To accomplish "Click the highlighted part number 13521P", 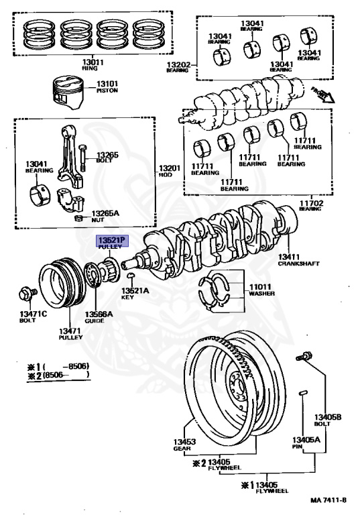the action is [x=112, y=241].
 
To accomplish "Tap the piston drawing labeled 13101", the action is [x=68, y=93].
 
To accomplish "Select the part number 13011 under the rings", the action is [x=93, y=62].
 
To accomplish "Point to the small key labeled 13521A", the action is [x=131, y=275].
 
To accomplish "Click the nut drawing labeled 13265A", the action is [x=78, y=218].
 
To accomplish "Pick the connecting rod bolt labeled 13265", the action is [x=82, y=158].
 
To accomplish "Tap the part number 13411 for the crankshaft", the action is [x=289, y=257].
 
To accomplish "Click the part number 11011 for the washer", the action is [x=260, y=287].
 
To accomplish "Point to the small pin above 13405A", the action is [x=303, y=393].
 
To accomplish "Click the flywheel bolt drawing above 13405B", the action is [x=304, y=356].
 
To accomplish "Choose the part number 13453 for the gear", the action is [x=184, y=442].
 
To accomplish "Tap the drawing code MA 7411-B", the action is [x=328, y=500].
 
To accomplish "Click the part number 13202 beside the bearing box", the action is [x=178, y=64].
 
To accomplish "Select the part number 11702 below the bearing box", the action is [x=311, y=203].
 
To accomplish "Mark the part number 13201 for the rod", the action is [x=170, y=168].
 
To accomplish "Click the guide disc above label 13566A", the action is [x=93, y=275].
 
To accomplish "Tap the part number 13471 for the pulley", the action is [x=70, y=331].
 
